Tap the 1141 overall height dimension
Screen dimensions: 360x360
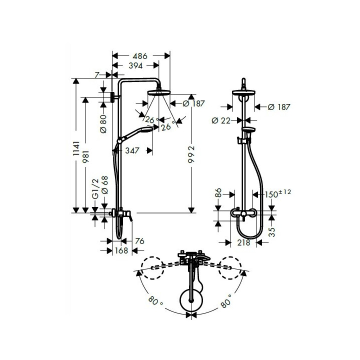tap(76, 150)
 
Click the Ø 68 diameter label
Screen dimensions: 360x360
tap(104, 184)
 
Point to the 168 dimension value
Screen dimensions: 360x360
tap(121, 250)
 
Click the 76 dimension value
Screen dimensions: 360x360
tap(139, 241)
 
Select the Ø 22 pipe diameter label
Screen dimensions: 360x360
tap(221, 120)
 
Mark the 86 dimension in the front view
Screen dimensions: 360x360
tap(218, 194)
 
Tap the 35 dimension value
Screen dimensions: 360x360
tap(272, 231)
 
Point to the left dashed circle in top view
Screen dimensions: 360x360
tap(152, 267)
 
